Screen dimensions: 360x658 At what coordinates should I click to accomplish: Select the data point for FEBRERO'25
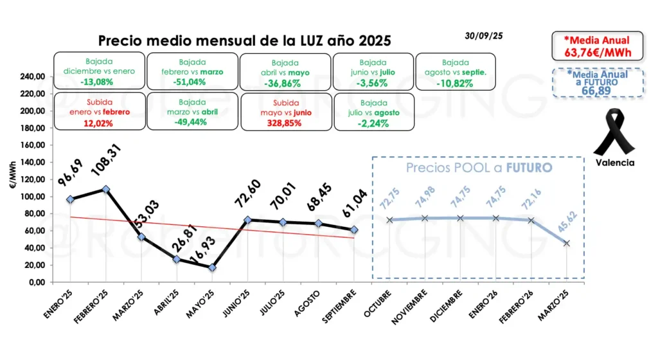[x=106, y=189]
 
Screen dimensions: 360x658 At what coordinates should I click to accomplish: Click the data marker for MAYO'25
[x=212, y=267]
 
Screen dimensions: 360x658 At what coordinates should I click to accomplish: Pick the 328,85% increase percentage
[x=284, y=123]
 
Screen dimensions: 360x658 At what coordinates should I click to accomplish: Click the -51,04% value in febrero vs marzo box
[x=190, y=82]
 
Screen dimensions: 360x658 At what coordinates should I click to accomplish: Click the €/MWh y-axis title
[x=14, y=179]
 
